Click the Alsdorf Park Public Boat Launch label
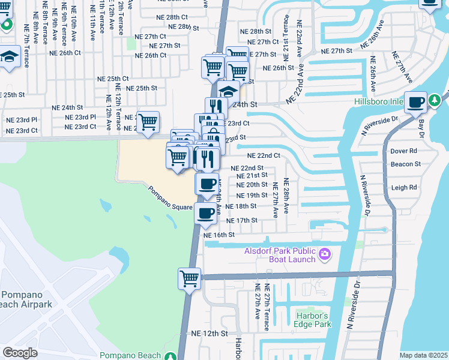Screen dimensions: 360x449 pyautogui.click(x=279, y=255)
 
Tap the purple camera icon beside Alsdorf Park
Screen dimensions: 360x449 pyautogui.click(x=325, y=254)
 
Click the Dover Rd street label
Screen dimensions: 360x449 pyautogui.click(x=403, y=151)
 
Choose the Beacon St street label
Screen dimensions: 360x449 pyautogui.click(x=405, y=164)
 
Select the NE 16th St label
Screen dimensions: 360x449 pyautogui.click(x=218, y=235)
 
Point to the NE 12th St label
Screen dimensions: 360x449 pyautogui.click(x=209, y=333)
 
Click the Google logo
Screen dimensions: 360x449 pyautogui.click(x=20, y=352)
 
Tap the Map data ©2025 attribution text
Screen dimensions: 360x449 pyautogui.click(x=423, y=355)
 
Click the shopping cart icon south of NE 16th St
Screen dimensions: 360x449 pyautogui.click(x=189, y=278)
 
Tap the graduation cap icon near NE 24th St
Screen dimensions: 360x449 pyautogui.click(x=228, y=92)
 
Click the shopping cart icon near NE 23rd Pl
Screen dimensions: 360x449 pyautogui.click(x=148, y=122)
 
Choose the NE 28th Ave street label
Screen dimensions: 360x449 pyautogui.click(x=286, y=197)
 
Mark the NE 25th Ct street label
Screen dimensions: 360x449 pyautogui.click(x=113, y=79)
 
